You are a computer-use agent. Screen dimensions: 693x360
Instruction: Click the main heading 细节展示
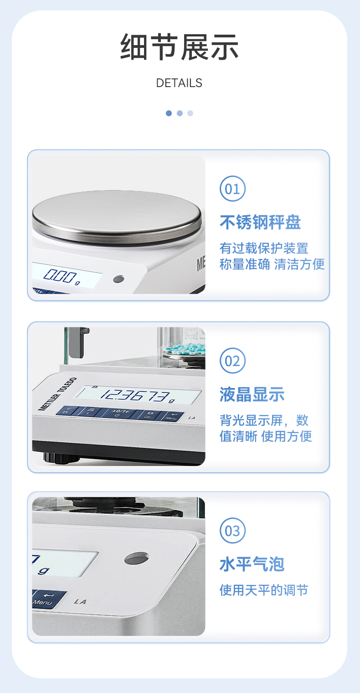pyautogui.click(x=180, y=47)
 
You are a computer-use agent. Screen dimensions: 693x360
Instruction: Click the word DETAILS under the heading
pyautogui.click(x=179, y=83)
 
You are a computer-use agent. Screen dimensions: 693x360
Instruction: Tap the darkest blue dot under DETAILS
pyautogui.click(x=169, y=113)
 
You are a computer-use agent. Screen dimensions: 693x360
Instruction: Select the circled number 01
pyautogui.click(x=232, y=189)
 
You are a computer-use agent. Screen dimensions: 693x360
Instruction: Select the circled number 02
pyautogui.click(x=232, y=361)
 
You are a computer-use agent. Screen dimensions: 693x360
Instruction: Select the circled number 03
pyautogui.click(x=232, y=531)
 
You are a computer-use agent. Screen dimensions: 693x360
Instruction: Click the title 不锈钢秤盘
pyautogui.click(x=260, y=222)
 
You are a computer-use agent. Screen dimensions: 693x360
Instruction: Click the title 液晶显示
pyautogui.click(x=252, y=394)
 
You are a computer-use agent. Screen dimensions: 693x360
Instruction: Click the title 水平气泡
pyautogui.click(x=252, y=564)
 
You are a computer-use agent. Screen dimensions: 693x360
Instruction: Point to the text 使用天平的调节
pyautogui.click(x=264, y=590)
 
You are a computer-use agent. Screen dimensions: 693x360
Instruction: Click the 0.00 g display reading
pyautogui.click(x=61, y=276)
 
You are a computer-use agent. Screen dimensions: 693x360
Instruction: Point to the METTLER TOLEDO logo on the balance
pyautogui.click(x=57, y=394)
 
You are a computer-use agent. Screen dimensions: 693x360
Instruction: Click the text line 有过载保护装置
pyautogui.click(x=264, y=248)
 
